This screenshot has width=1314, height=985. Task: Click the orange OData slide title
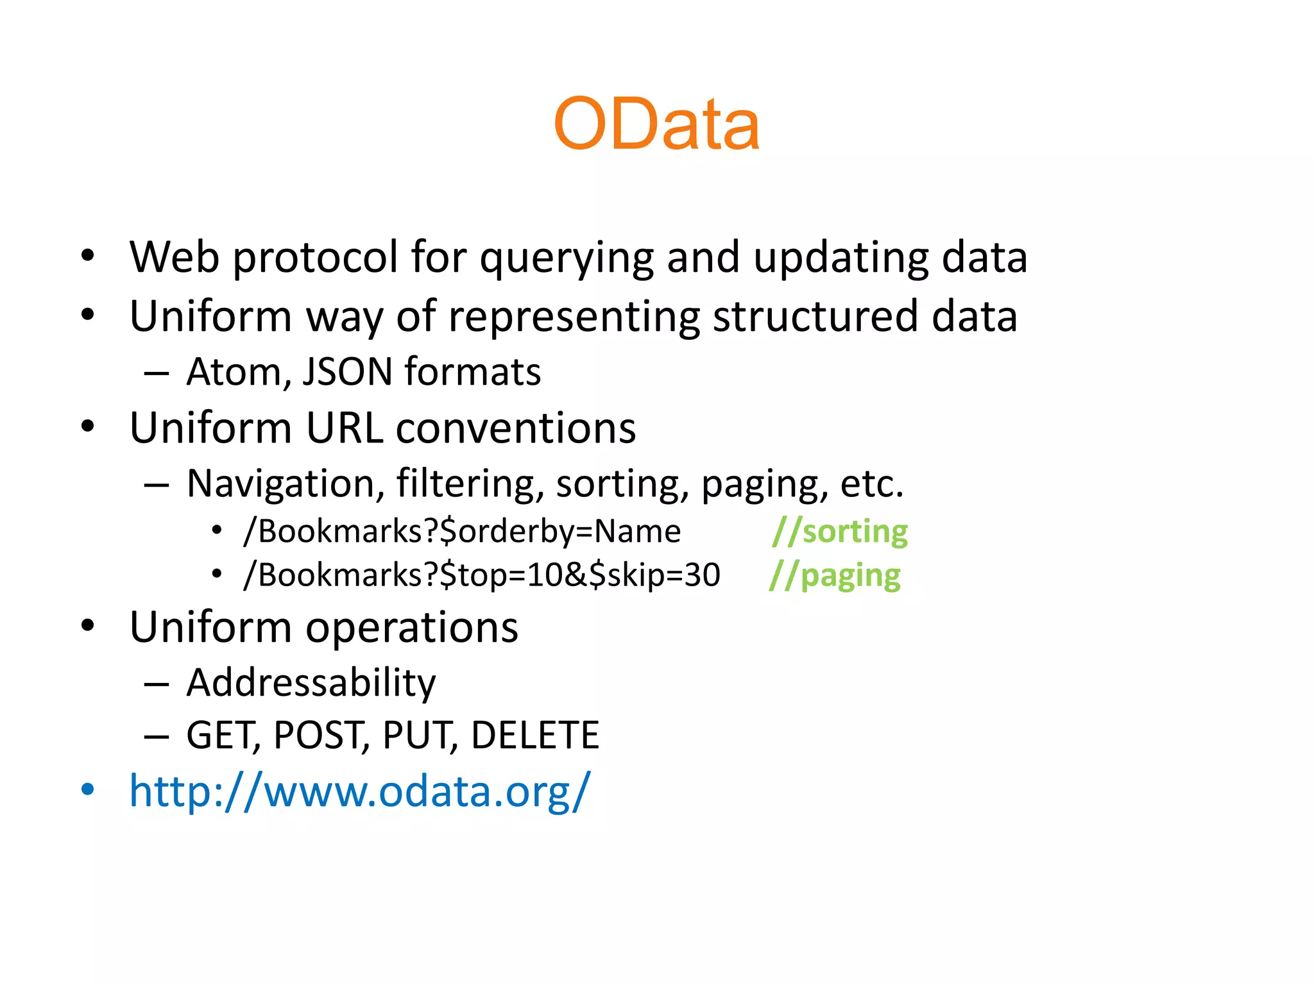[x=656, y=124]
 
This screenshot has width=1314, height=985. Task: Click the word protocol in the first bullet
[x=315, y=258]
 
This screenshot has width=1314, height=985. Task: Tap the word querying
[x=567, y=258]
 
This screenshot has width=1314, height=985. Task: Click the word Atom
[x=234, y=372]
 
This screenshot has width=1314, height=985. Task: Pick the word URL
[x=345, y=428]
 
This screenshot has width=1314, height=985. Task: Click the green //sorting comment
[x=840, y=532]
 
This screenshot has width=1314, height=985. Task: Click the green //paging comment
[x=835, y=575]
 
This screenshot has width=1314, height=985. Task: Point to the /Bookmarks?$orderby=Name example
[x=462, y=532]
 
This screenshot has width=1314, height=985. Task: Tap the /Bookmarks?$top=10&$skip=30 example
[x=482, y=575]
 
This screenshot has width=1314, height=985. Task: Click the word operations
[x=411, y=627]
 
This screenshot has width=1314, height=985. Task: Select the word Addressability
[x=311, y=682]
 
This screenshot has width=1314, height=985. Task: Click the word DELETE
[x=534, y=735]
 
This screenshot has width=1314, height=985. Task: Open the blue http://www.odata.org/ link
[x=359, y=792]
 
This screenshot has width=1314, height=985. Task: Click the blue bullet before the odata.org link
[x=88, y=790]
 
